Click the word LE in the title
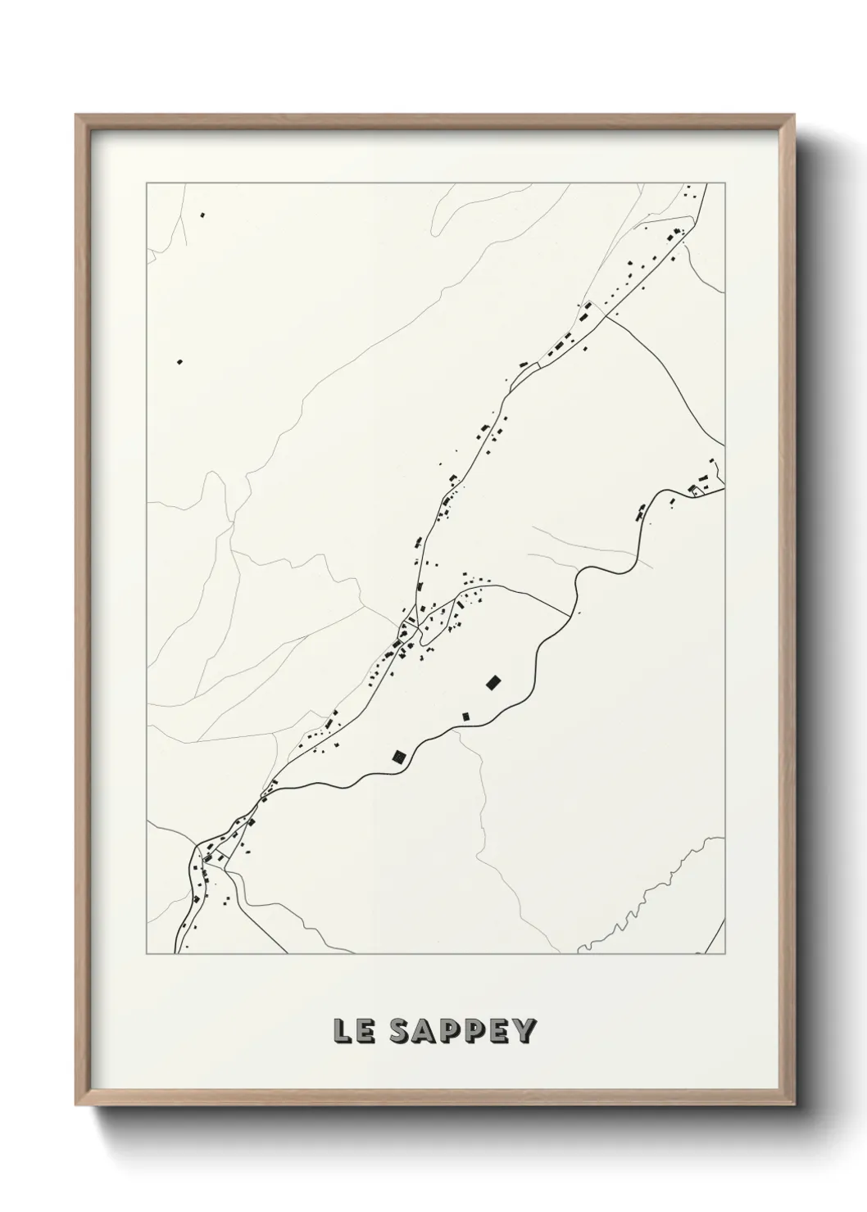(x=353, y=1032)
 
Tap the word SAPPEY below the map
(x=462, y=1032)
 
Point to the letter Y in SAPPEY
(x=524, y=1032)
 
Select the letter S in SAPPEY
(x=400, y=1032)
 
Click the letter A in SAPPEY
(x=425, y=1032)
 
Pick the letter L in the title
(x=343, y=1032)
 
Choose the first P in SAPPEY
(x=451, y=1032)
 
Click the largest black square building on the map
(x=493, y=681)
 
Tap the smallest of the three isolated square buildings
(x=466, y=717)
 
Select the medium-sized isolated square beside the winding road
(x=399, y=756)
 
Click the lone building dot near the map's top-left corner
(x=202, y=215)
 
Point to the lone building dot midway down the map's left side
(x=179, y=361)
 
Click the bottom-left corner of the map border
(x=147, y=954)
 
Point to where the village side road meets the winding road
(x=569, y=611)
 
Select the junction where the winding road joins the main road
(x=264, y=794)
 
